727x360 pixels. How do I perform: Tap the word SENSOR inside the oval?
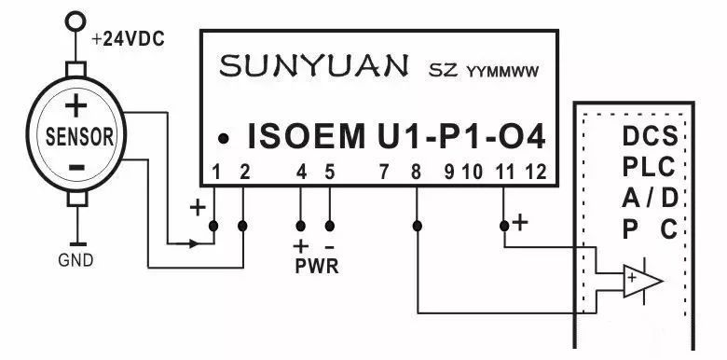tap(80, 136)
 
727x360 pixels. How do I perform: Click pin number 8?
tap(415, 172)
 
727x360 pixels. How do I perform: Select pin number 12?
tap(534, 172)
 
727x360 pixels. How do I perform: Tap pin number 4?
tap(300, 172)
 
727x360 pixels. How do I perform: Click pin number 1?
tap(216, 172)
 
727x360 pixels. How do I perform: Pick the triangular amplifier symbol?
tap(642, 280)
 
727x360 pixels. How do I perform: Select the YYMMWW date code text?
tap(503, 70)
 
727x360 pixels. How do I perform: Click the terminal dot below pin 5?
tap(329, 226)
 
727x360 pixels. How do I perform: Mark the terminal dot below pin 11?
tap(504, 226)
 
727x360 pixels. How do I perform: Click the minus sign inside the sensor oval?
tap(77, 166)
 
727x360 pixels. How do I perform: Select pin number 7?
tap(384, 172)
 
